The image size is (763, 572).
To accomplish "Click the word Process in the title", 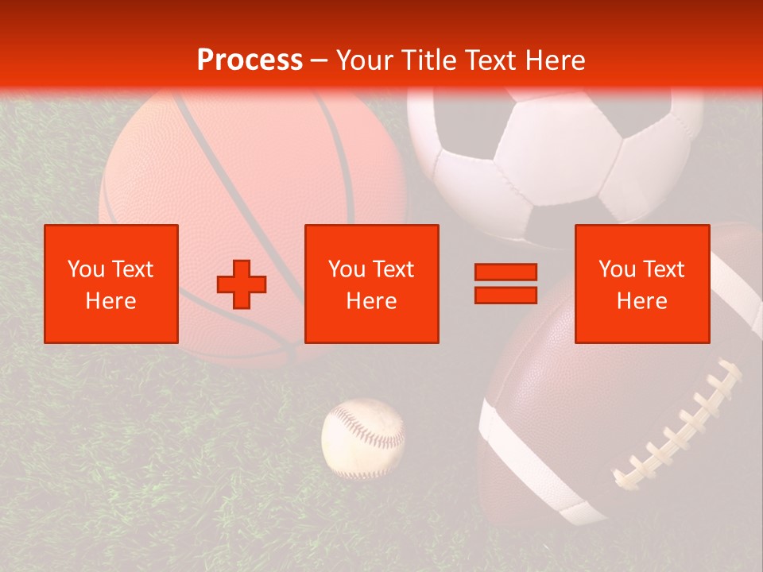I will click(x=250, y=60).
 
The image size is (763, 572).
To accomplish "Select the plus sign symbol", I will click(x=242, y=284).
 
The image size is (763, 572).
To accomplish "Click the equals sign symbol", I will click(x=505, y=284).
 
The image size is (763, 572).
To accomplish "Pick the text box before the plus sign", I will click(x=111, y=284).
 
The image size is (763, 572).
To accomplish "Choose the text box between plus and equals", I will click(x=372, y=284).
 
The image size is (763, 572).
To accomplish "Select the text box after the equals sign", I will click(x=642, y=284).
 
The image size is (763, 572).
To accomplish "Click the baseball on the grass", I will click(x=363, y=438).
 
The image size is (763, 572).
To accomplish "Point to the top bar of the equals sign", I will click(x=505, y=272).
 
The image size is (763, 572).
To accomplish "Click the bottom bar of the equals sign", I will click(x=505, y=295).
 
